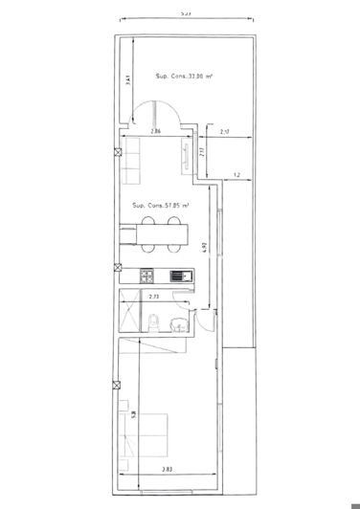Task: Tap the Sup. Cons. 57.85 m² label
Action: (160, 205)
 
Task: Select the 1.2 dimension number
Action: (235, 175)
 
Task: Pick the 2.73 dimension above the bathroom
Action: (154, 297)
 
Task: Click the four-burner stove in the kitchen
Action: (146, 277)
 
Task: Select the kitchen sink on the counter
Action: (178, 277)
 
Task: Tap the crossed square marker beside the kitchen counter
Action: (116, 269)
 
